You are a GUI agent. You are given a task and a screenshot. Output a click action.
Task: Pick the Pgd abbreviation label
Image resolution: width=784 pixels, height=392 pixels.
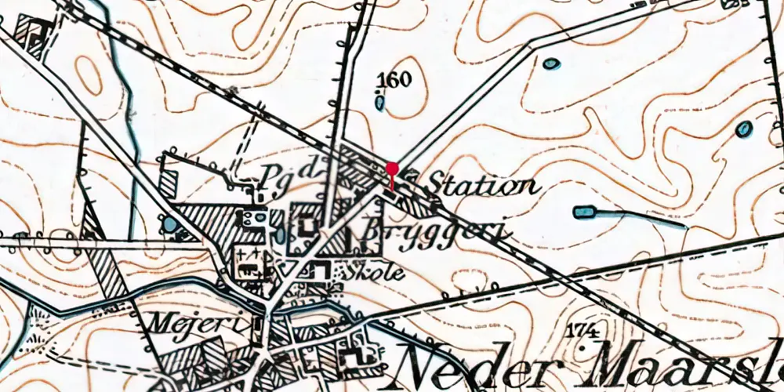tap(280, 172)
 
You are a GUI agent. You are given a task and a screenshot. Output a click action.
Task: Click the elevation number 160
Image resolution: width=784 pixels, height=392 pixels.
tap(394, 79)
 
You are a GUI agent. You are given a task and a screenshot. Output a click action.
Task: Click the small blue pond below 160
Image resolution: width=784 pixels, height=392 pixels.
tap(380, 101)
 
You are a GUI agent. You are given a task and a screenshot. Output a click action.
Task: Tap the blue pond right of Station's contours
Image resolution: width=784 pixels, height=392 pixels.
tap(743, 129)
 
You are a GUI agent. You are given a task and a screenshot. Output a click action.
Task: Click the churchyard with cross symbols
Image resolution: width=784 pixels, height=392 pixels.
tap(251, 261)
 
